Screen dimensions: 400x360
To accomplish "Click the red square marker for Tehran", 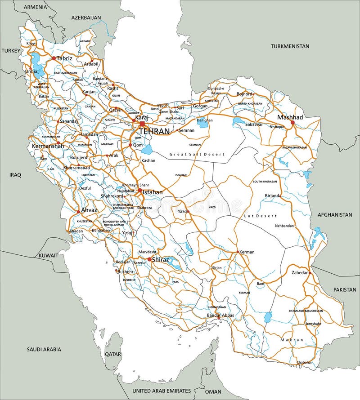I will tap(142, 124).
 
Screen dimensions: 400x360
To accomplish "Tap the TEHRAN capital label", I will tap(154, 131).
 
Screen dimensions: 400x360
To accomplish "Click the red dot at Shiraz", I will tap(149, 259).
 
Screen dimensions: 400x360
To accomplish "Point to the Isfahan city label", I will tap(153, 192).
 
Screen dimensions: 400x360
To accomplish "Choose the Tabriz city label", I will tap(64, 58).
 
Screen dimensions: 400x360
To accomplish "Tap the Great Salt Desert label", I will tap(196, 154).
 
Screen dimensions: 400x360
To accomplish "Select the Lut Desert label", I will tap(260, 216).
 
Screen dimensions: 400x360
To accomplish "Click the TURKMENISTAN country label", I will tap(290, 46).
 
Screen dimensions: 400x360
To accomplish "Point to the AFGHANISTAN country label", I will tap(334, 215).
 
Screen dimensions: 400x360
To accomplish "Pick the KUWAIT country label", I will tap(48, 255).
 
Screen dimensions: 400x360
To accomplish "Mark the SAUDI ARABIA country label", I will tap(44, 349).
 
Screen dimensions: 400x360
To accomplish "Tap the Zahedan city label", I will tap(300, 273).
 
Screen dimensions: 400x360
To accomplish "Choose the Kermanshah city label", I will tap(46, 147).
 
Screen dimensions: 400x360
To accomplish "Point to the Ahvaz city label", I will tap(89, 209).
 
